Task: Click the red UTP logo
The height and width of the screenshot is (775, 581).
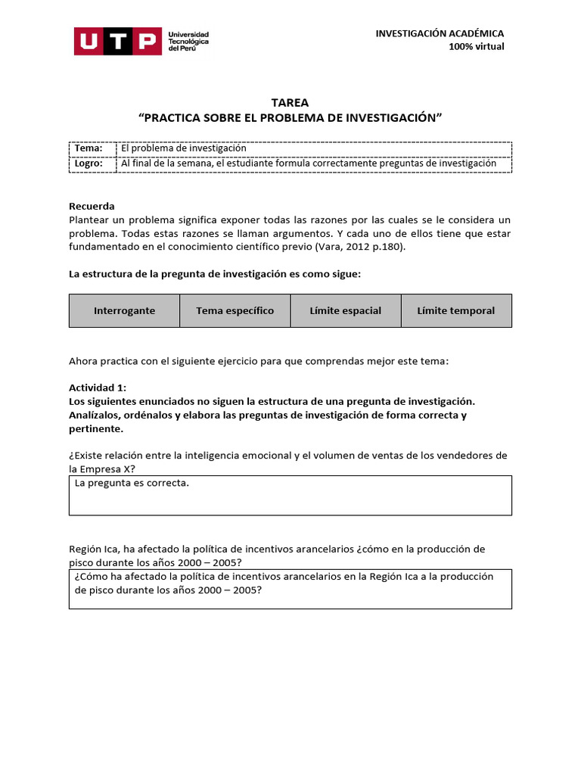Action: point(117,41)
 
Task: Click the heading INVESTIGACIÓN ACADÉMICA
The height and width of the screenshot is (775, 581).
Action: point(440,33)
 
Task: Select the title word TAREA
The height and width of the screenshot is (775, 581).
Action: point(290,103)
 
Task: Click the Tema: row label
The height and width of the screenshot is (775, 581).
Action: point(89,148)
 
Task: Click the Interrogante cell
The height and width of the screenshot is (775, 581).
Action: point(124,311)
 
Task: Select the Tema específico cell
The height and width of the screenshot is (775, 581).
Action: point(235,311)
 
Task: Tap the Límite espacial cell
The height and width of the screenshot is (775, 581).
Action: point(346,311)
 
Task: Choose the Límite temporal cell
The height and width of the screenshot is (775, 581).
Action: point(456,311)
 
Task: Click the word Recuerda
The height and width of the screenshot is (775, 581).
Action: point(92,206)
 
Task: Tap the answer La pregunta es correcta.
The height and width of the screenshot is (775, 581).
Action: point(132,483)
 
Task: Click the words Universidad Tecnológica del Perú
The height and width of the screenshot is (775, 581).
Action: point(188,41)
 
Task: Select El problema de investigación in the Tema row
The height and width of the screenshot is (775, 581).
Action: point(184,148)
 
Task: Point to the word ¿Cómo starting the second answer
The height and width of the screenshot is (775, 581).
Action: point(92,577)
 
